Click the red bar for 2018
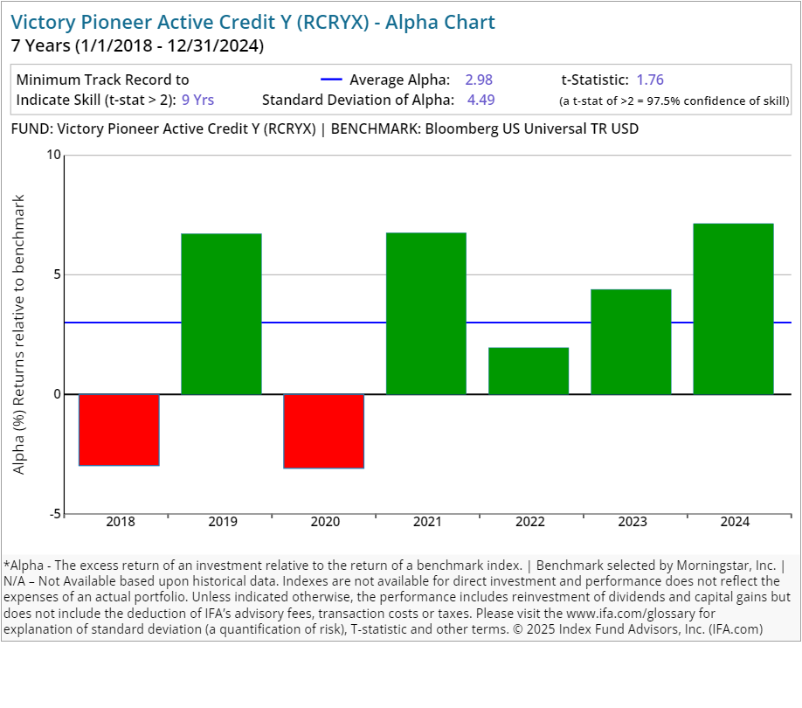(x=120, y=429)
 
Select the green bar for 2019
(x=222, y=314)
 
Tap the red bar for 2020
(x=324, y=431)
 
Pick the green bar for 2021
(x=426, y=314)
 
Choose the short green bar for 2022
(x=529, y=371)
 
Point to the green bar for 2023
(x=631, y=342)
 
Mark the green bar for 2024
(x=733, y=309)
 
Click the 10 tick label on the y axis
(x=54, y=156)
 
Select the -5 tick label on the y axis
(x=54, y=514)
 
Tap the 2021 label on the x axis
(x=427, y=523)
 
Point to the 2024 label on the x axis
(x=734, y=523)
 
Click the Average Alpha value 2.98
(x=479, y=80)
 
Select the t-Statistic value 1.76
(x=650, y=80)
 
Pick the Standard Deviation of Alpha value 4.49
(x=481, y=100)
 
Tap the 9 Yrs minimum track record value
(x=198, y=100)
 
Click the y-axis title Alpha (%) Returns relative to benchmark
(x=19, y=335)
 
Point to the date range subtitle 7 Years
(x=137, y=45)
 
